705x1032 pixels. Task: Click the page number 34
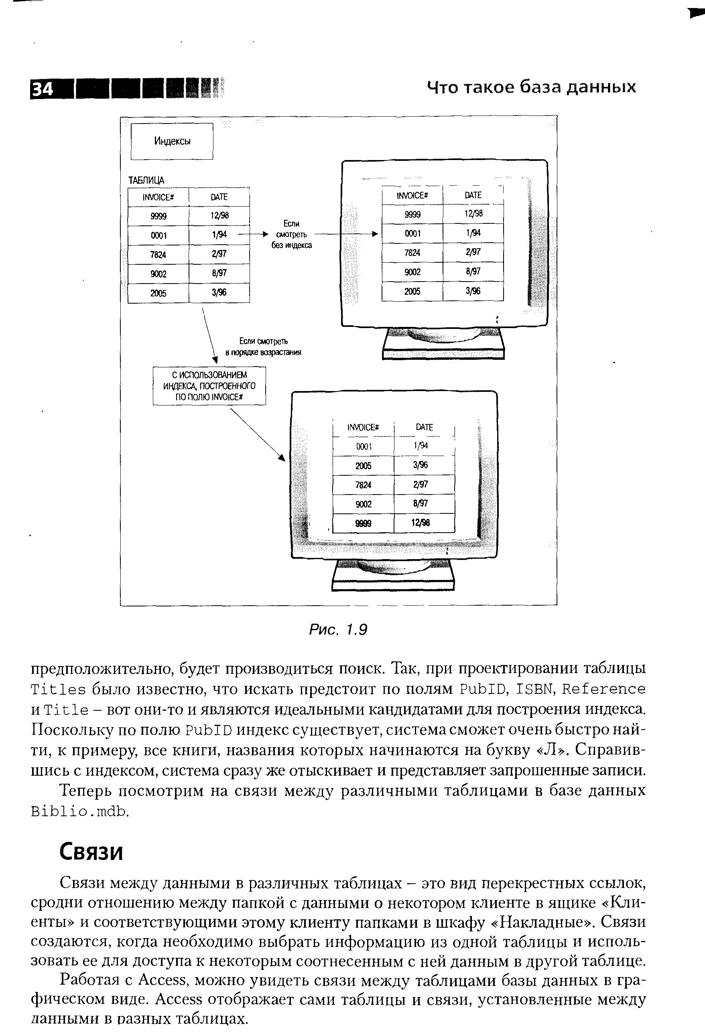[43, 90]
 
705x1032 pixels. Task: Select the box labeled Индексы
[172, 141]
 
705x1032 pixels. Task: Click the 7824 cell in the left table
[158, 254]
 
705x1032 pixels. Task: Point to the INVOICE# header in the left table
[158, 197]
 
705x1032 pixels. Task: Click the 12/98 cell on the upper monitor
[473, 214]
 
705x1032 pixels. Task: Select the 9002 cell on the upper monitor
[412, 272]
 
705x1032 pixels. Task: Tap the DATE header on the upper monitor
[473, 195]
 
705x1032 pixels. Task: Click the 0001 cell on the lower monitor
[364, 446]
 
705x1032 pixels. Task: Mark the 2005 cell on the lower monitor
[364, 466]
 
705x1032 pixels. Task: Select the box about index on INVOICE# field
[209, 385]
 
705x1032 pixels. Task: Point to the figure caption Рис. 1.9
[338, 629]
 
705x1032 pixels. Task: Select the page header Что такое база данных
[531, 87]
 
